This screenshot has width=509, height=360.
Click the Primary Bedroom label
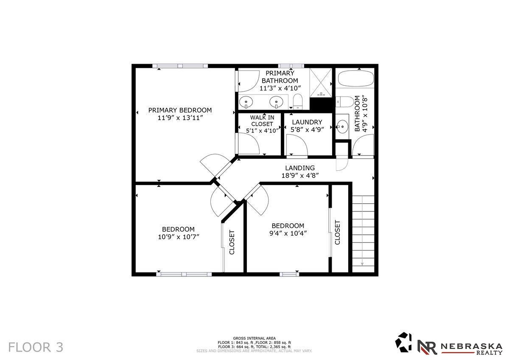180,110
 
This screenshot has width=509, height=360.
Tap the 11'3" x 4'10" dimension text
280,88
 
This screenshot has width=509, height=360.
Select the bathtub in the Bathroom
355,78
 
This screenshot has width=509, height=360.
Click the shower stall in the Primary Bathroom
321,82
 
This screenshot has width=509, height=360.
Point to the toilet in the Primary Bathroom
297,101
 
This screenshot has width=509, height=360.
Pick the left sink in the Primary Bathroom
246,101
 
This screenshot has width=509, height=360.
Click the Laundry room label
307,122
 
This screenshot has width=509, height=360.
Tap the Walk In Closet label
262,121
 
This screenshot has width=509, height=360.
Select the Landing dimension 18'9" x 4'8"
300,176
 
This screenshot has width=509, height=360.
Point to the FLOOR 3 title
36,347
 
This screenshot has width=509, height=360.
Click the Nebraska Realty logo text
472,349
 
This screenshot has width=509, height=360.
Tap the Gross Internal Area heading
254,338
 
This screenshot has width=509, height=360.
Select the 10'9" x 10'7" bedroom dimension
179,237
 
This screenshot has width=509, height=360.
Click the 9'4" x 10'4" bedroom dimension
288,233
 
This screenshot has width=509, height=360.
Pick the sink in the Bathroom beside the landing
342,127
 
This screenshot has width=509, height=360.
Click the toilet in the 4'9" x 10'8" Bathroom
345,101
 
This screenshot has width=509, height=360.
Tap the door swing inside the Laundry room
297,145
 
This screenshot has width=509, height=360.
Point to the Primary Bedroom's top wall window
180,66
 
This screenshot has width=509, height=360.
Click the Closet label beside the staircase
338,232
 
